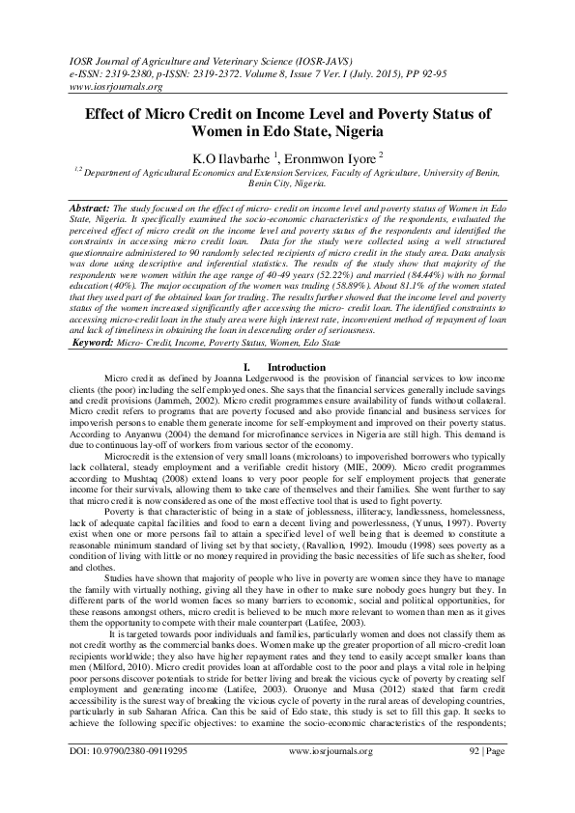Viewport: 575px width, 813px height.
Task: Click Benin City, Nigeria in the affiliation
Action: (x=287, y=182)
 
